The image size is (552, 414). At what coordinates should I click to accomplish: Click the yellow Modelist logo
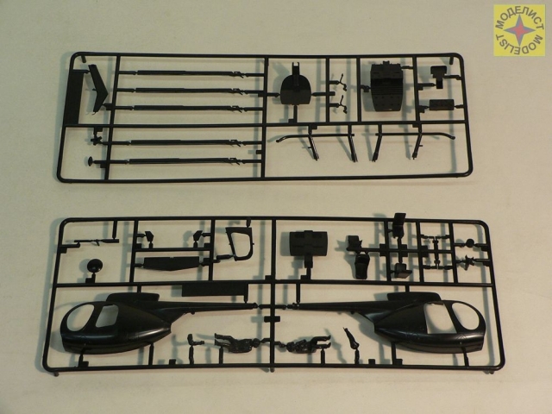[x=519, y=30]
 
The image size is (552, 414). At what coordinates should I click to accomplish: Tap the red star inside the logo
[x=519, y=31]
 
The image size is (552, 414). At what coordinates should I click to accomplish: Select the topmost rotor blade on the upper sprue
[x=190, y=72]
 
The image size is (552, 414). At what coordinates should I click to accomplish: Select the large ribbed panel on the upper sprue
[x=386, y=87]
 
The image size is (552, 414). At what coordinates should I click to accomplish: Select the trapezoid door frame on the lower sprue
[x=240, y=243]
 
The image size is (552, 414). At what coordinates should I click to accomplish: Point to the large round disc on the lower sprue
[x=94, y=266]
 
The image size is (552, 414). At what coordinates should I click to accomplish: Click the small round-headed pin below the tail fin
[x=91, y=161]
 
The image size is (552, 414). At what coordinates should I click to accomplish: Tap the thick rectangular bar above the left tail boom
[x=215, y=290]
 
